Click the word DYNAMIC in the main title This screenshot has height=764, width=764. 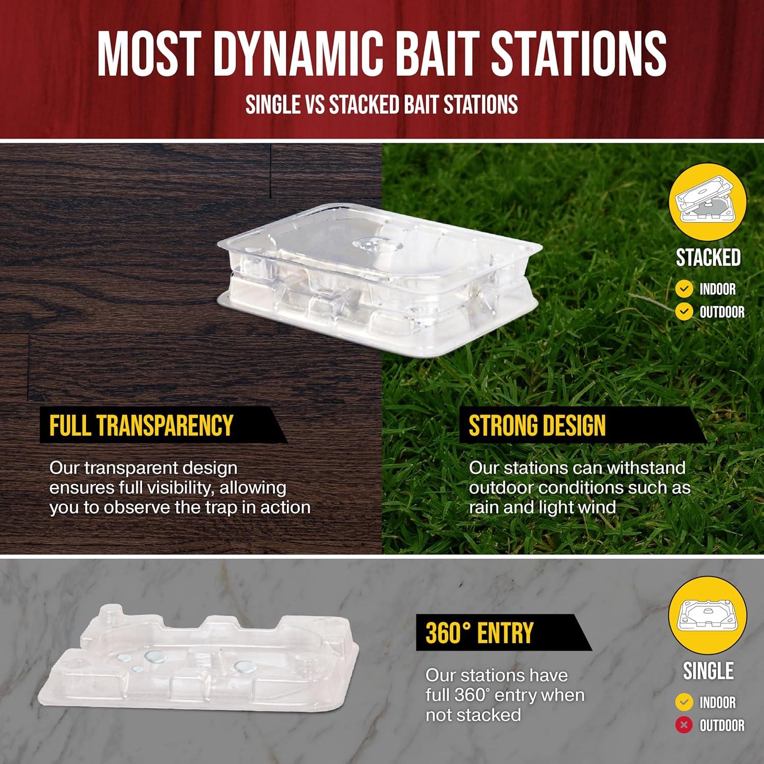tap(298, 53)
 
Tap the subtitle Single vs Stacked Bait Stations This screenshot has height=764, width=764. tap(381, 105)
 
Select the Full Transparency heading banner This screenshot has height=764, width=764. tap(163, 425)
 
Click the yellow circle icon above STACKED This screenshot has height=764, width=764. tap(707, 202)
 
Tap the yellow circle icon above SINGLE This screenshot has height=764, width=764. tap(707, 615)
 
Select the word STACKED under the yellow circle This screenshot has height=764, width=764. tap(708, 258)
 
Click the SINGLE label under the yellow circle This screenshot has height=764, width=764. tap(708, 671)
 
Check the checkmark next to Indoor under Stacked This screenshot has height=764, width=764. tap(684, 289)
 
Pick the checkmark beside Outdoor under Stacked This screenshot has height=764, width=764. tap(684, 311)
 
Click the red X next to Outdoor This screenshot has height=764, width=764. tap(684, 725)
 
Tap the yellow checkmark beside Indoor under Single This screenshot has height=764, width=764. tap(684, 702)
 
